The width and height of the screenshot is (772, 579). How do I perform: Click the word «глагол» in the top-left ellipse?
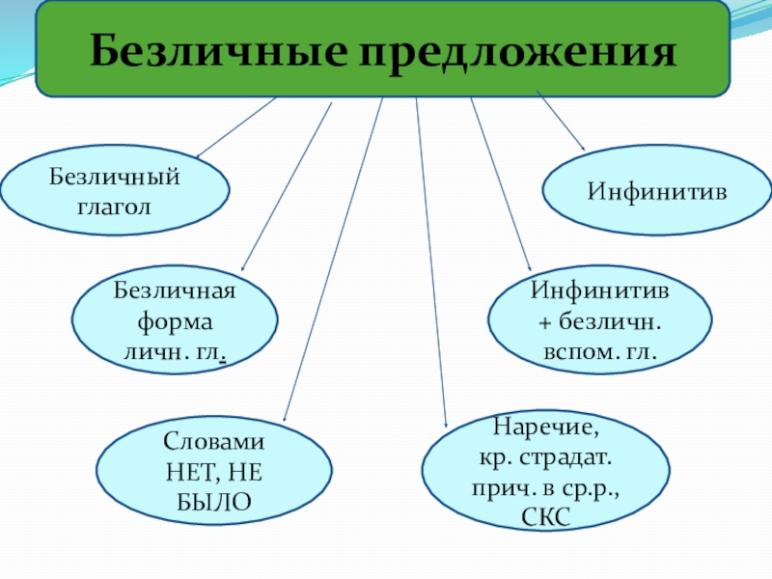(x=115, y=206)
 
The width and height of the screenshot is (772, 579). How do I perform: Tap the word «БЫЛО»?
(x=214, y=502)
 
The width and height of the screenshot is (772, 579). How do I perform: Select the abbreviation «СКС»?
(x=546, y=517)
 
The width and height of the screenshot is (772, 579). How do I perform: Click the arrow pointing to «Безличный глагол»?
(x=236, y=126)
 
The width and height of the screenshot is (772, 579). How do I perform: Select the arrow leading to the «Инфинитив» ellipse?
(x=560, y=121)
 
